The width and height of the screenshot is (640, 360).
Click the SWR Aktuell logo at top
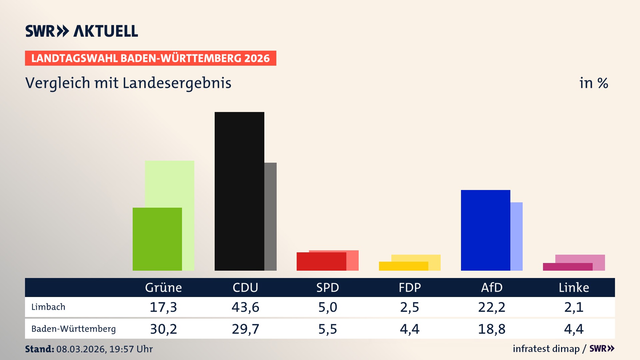pyautogui.click(x=81, y=31)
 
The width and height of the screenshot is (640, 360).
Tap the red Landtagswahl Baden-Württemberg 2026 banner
pyautogui.click(x=150, y=58)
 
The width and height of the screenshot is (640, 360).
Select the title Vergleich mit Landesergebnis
pyautogui.click(x=128, y=83)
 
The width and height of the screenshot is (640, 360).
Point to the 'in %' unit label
pyautogui.click(x=593, y=83)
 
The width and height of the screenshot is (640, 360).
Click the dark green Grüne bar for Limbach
pyautogui.click(x=157, y=239)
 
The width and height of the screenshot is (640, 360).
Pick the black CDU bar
pyautogui.click(x=239, y=191)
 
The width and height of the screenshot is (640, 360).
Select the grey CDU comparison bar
pyautogui.click(x=271, y=217)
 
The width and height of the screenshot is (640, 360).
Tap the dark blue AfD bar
pyautogui.click(x=485, y=230)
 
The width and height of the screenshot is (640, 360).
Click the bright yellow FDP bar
pyautogui.click(x=403, y=266)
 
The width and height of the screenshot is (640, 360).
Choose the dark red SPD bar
pyautogui.click(x=321, y=261)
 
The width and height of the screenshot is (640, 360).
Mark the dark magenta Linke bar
pyautogui.click(x=567, y=267)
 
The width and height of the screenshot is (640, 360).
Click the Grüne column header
pyautogui.click(x=163, y=288)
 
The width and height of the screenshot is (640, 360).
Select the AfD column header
pyautogui.click(x=492, y=288)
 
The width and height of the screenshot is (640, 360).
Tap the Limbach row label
pyautogui.click(x=48, y=307)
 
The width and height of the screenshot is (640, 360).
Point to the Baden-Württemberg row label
pyautogui.click(x=73, y=329)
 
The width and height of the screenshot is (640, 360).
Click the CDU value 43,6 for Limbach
pyautogui.click(x=245, y=307)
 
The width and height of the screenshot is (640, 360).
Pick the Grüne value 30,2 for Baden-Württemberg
pyautogui.click(x=163, y=329)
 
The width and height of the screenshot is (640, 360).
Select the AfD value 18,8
pyautogui.click(x=492, y=329)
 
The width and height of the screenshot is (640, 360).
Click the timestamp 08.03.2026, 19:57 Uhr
pyautogui.click(x=104, y=349)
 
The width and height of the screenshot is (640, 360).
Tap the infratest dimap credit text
pyautogui.click(x=546, y=349)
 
